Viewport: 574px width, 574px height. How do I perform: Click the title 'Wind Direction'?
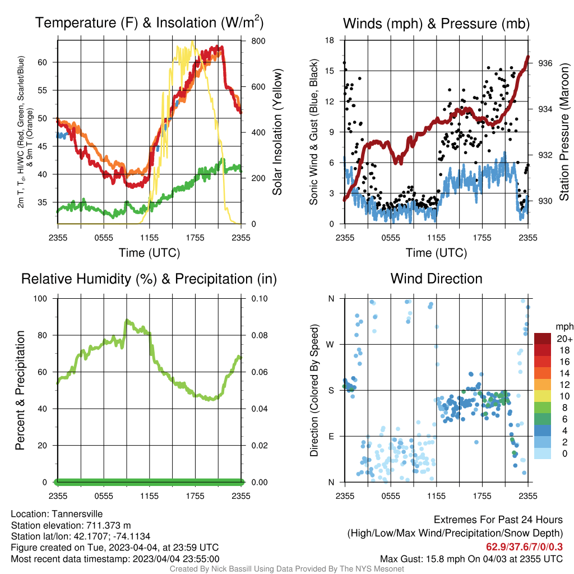coord(436,279)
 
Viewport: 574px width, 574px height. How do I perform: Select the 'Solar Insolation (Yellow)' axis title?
coord(277,132)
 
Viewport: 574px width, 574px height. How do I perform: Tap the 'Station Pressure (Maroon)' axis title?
coord(564,132)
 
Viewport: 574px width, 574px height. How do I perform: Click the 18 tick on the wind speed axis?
coord(330,40)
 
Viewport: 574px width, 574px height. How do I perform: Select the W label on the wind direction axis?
coord(331,344)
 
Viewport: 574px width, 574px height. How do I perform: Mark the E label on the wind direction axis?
coord(331,436)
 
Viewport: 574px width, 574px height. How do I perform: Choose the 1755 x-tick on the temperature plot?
coord(195,237)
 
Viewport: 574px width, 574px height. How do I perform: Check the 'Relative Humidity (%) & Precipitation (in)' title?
coord(149,279)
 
